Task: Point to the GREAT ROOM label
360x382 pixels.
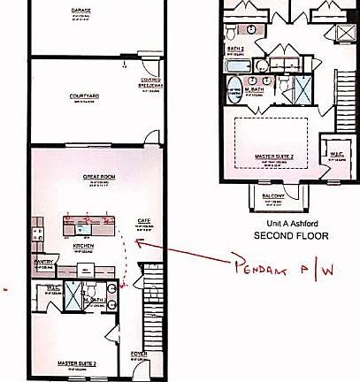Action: tap(96, 177)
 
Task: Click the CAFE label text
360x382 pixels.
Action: tap(142, 220)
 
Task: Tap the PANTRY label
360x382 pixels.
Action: tap(45, 263)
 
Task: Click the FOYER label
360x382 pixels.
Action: tap(139, 355)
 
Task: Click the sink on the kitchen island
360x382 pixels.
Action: tap(82, 228)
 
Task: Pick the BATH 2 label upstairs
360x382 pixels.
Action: tap(235, 50)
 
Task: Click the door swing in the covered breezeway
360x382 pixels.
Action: tap(149, 69)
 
